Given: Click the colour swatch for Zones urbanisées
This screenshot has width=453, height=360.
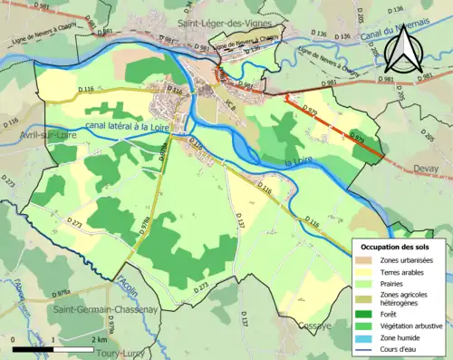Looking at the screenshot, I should point(363,260).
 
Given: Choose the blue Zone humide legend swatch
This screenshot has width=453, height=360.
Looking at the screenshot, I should point(363,336).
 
